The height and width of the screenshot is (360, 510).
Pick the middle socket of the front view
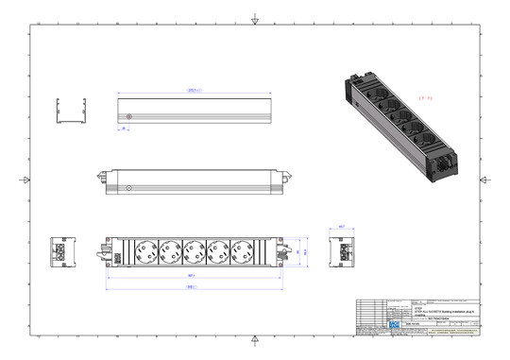tap(195, 252)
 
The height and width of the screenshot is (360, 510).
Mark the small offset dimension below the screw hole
tap(123, 129)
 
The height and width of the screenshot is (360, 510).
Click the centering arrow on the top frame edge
tap(254, 20)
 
